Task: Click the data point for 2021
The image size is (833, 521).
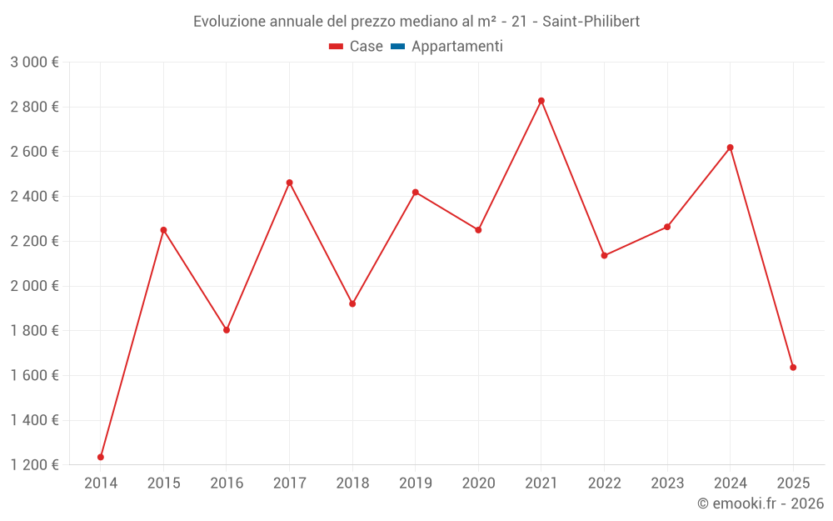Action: pos(541,101)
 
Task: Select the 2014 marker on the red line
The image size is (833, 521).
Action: pos(101,457)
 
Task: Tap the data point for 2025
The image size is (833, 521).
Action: pos(793,368)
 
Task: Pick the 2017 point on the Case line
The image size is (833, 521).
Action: pos(289,183)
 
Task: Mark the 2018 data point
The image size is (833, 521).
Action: pos(352,303)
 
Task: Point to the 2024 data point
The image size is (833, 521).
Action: pos(730,148)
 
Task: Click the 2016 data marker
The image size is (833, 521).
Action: pos(227,330)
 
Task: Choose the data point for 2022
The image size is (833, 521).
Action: pos(604,255)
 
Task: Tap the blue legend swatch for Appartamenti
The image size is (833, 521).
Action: pos(397,47)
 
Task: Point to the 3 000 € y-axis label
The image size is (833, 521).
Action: pos(34,63)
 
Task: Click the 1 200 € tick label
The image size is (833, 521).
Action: pos(34,465)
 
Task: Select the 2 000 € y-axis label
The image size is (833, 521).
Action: pos(34,286)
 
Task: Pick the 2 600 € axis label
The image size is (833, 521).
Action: pos(34,152)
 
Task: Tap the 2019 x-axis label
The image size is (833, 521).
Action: pos(415,483)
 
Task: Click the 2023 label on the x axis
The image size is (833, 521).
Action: pos(667,483)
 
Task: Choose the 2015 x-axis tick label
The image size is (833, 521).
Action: pos(163,483)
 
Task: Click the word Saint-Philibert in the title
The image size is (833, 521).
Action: pos(591,22)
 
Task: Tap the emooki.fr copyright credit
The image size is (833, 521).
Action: pos(760,503)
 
